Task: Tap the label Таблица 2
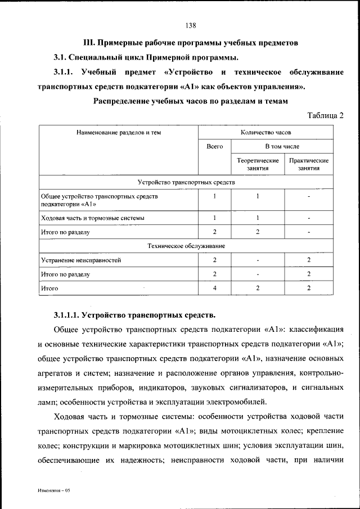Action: (x=325, y=115)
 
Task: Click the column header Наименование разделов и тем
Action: (x=119, y=132)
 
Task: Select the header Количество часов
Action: (x=265, y=132)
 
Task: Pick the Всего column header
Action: (x=214, y=146)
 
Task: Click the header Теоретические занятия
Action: (x=257, y=164)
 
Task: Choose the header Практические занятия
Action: (x=309, y=164)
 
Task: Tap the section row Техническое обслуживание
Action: (x=186, y=246)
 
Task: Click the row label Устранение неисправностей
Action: (x=81, y=260)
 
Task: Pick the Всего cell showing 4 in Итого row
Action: (x=214, y=288)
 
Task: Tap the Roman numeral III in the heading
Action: (x=88, y=43)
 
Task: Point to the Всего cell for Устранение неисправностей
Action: (x=214, y=260)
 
